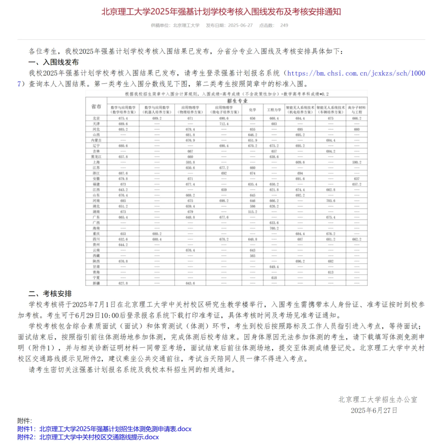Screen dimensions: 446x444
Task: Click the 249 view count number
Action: pyautogui.click(x=284, y=25)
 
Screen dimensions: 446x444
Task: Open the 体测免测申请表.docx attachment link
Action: pyautogui.click(x=116, y=429)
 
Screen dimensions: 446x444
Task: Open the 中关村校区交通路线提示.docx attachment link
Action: pyautogui.click(x=99, y=437)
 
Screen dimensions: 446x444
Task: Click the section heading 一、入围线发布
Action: pyautogui.click(x=53, y=62)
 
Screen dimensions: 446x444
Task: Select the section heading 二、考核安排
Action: pyautogui.click(x=50, y=294)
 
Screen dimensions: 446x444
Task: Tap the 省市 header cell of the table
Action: pyautogui.click(x=96, y=106)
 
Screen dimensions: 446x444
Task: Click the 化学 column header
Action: pyautogui.click(x=252, y=109)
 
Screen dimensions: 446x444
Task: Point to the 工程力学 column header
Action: pyautogui.click(x=274, y=109)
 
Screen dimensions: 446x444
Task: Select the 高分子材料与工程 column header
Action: pyautogui.click(x=356, y=109)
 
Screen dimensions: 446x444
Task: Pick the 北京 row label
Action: pyautogui.click(x=96, y=118)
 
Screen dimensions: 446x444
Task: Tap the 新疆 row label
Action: pyautogui.click(x=96, y=283)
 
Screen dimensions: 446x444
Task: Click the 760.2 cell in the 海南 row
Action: pyautogui.click(x=274, y=228)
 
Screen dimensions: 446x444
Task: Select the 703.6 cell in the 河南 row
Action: pyautogui.click(x=331, y=201)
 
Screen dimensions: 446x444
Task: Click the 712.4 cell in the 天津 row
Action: pyautogui.click(x=224, y=124)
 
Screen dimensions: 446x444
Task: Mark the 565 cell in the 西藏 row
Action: pyautogui.click(x=252, y=256)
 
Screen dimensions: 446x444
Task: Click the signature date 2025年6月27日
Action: pyautogui.click(x=374, y=410)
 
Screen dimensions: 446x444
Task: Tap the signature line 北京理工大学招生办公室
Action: pyautogui.click(x=378, y=400)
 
